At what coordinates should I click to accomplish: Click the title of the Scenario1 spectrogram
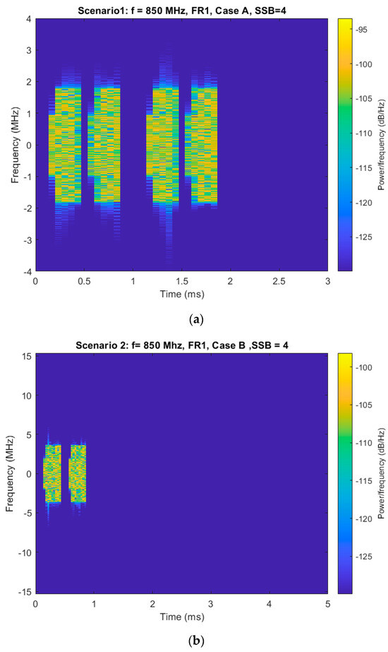pyautogui.click(x=181, y=9)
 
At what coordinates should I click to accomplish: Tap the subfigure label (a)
pyautogui.click(x=194, y=319)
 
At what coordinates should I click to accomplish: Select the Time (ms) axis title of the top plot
pyautogui.click(x=181, y=292)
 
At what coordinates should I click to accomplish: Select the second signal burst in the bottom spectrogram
pyautogui.click(x=78, y=473)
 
